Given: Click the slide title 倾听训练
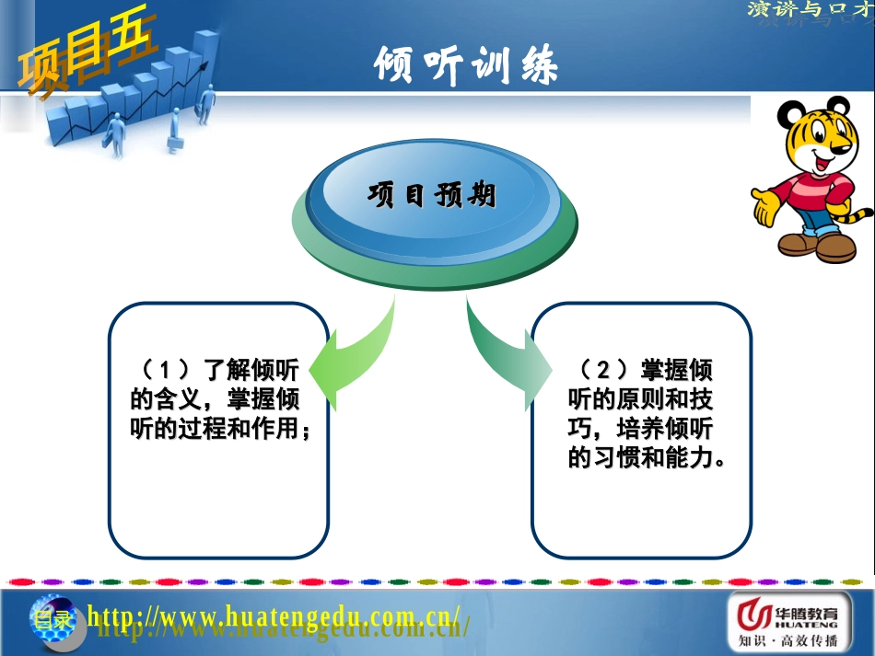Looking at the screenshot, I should click(465, 65).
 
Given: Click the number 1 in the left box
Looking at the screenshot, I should click(167, 371).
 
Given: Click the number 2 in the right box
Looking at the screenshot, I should click(603, 371).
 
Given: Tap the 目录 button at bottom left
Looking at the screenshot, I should click(51, 617).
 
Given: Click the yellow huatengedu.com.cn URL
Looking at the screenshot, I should click(273, 614).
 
